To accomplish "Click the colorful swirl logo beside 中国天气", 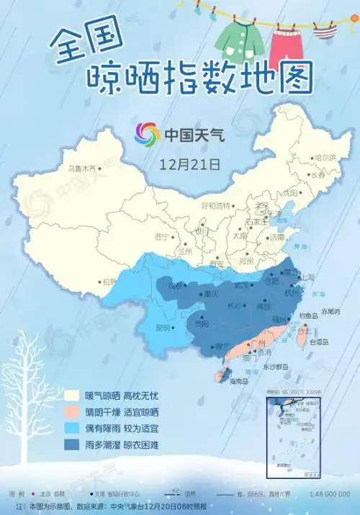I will [148, 133].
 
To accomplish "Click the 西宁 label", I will [161, 236].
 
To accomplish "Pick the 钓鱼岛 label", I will [309, 315].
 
